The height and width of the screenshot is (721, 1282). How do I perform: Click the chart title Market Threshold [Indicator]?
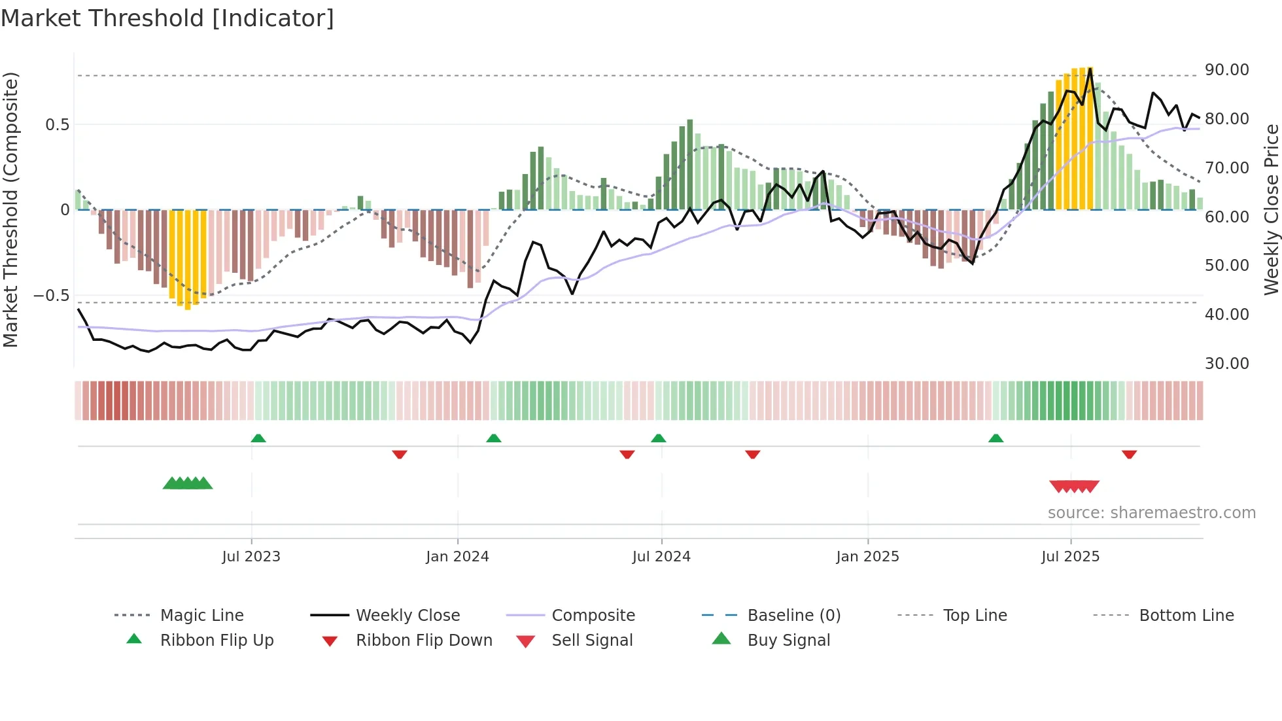(167, 18)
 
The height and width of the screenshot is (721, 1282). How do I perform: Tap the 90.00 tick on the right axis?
(1226, 70)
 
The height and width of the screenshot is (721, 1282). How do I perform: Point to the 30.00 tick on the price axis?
(1226, 364)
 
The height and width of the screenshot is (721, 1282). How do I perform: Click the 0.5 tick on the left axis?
(57, 125)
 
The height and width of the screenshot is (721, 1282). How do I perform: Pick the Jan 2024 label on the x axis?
(457, 557)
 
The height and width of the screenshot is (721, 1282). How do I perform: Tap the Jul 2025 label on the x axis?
(1070, 557)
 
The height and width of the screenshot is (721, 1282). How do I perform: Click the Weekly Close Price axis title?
(1271, 209)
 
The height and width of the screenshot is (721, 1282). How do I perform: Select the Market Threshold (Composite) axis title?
(10, 209)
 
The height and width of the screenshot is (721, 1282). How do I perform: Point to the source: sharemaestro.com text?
(1151, 513)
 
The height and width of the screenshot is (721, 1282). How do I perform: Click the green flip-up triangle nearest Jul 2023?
(258, 438)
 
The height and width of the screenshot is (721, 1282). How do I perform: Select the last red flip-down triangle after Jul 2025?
(1129, 454)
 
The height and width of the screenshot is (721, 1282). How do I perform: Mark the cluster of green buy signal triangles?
(188, 484)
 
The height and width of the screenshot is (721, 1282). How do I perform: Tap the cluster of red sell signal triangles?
(1074, 486)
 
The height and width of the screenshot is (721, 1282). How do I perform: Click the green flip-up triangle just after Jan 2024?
(494, 438)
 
